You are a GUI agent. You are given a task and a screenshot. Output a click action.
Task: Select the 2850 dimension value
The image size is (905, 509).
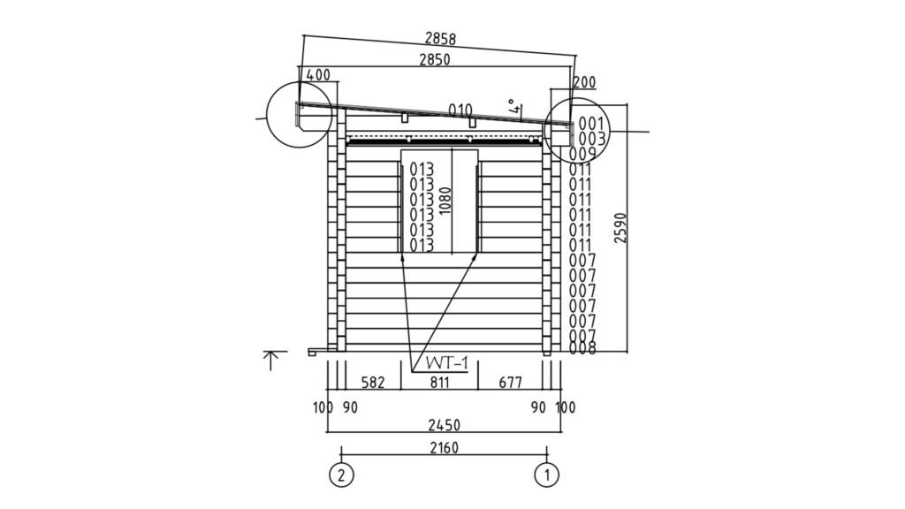click(435, 59)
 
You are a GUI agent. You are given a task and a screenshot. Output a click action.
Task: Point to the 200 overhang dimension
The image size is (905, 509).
click(584, 82)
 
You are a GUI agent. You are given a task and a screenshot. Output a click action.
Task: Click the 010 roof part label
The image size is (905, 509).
click(460, 110)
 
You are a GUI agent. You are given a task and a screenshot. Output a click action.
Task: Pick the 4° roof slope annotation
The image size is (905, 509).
click(514, 108)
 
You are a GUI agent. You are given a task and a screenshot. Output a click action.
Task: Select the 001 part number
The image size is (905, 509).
click(591, 124)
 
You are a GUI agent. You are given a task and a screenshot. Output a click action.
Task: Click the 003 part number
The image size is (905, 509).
click(591, 139)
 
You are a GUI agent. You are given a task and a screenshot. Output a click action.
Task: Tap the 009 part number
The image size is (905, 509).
click(583, 154)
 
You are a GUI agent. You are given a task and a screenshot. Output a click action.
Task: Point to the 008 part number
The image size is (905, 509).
click(582, 348)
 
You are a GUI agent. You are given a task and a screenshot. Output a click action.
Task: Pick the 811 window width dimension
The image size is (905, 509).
click(440, 383)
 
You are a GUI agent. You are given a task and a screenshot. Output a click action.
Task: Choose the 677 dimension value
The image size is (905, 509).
click(510, 383)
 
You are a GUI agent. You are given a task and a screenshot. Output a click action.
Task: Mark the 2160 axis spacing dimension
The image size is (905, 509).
click(444, 448)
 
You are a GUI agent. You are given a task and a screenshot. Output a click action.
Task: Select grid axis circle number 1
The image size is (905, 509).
click(547, 475)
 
